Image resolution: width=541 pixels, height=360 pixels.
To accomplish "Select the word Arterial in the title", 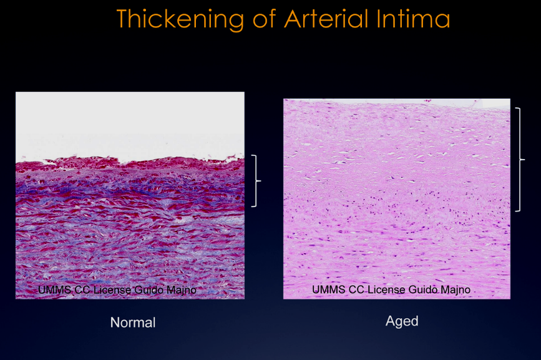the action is (327, 18).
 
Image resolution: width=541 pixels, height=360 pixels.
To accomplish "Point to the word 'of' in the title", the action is (265, 18).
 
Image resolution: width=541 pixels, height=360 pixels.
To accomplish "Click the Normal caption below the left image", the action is (133, 323).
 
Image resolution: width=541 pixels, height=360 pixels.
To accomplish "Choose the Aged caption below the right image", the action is (402, 321).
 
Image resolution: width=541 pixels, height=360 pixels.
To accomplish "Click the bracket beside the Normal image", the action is (256, 181).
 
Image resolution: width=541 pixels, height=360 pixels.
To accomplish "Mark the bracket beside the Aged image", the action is (520, 160).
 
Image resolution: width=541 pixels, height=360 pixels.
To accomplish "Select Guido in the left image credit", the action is (149, 289).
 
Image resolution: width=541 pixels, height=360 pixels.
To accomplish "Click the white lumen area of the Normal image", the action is (130, 124).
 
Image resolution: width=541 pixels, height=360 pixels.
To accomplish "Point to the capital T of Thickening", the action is (125, 18).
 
